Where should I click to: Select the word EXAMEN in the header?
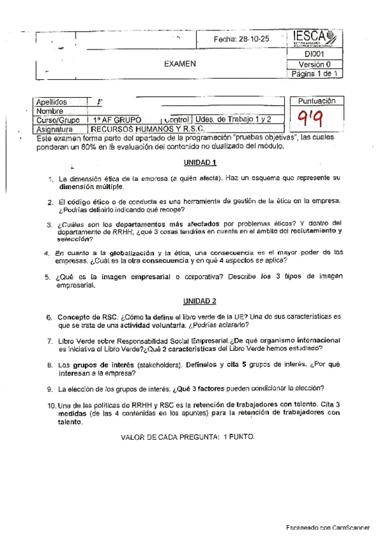tap(180, 63)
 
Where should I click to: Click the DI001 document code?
tap(315, 55)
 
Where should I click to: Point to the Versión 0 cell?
tap(315, 65)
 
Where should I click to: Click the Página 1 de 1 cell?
tap(315, 74)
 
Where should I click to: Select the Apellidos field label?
tap(52, 102)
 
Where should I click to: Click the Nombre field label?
tap(49, 110)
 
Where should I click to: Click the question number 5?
tap(48, 277)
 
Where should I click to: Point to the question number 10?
tap(50, 404)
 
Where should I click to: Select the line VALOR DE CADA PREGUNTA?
tap(187, 436)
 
